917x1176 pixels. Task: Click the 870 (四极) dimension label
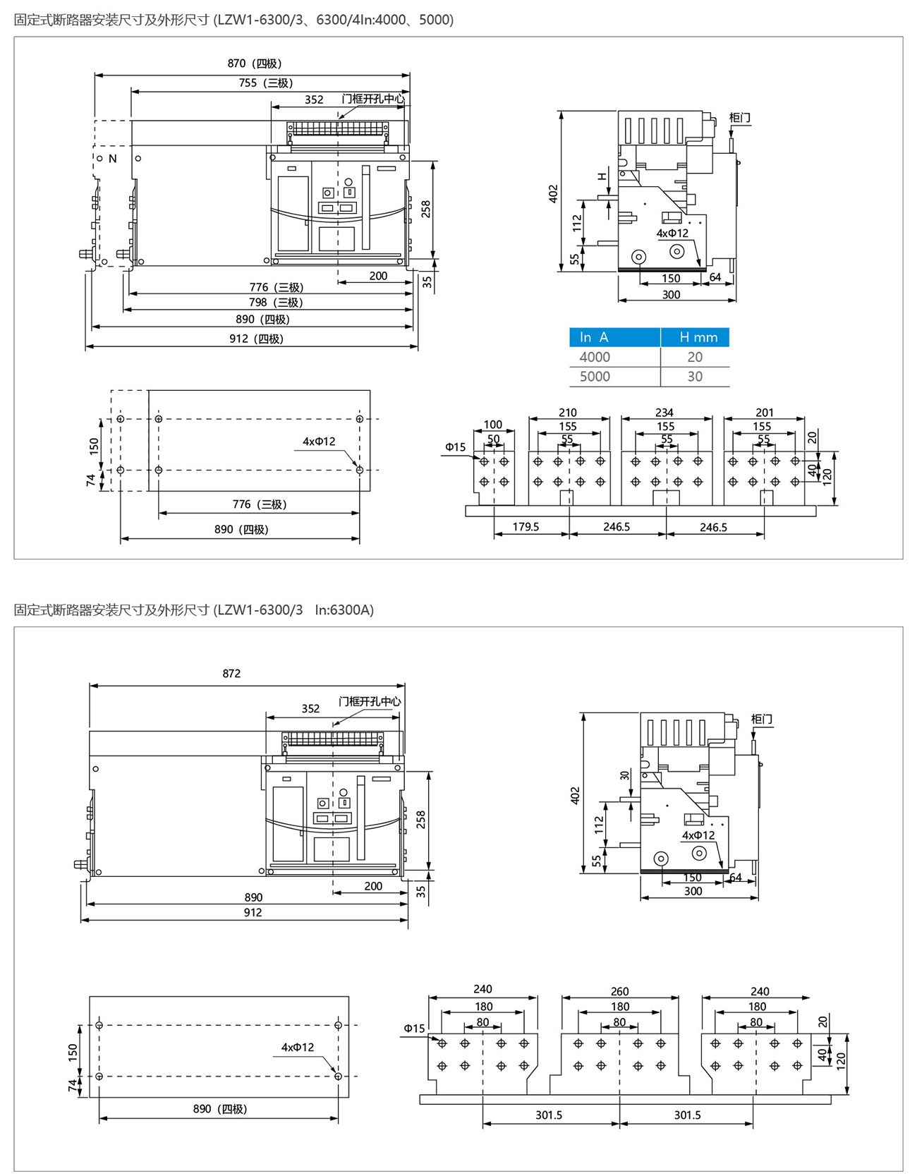(x=254, y=63)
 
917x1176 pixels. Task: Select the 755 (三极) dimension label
(x=265, y=83)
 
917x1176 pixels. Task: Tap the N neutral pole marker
(x=113, y=159)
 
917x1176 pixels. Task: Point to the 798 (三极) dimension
(x=276, y=303)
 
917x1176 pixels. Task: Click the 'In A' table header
(x=594, y=337)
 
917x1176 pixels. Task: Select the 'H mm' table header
(x=698, y=337)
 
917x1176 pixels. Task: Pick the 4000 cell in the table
(x=595, y=357)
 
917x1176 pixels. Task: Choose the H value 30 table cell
(x=695, y=377)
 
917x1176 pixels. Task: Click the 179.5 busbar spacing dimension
(x=526, y=527)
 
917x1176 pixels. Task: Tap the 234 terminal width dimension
(x=664, y=413)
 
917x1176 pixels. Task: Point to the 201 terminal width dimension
(x=765, y=413)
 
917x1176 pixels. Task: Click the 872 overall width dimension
(x=231, y=674)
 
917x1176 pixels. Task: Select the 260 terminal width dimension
(x=619, y=992)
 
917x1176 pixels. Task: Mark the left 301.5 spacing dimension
(x=549, y=1115)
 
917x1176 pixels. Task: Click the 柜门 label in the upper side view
(x=739, y=117)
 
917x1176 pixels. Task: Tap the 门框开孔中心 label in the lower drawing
(x=370, y=701)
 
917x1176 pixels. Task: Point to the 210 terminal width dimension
(x=568, y=413)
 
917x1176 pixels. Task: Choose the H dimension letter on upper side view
(x=602, y=176)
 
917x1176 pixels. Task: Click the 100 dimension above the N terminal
(x=493, y=425)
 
